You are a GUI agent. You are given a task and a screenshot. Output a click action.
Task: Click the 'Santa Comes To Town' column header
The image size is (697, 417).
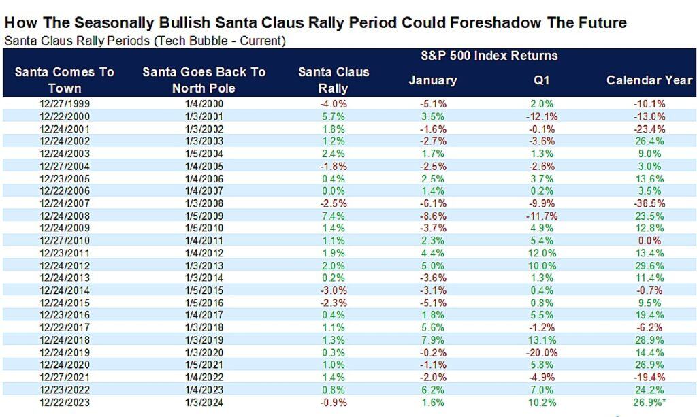click(x=64, y=80)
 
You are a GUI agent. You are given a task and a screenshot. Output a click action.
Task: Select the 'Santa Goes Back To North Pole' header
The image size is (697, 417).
click(x=204, y=80)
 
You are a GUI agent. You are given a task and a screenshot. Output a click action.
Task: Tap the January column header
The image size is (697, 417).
click(x=432, y=80)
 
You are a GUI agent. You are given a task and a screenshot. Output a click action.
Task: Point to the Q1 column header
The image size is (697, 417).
click(x=542, y=80)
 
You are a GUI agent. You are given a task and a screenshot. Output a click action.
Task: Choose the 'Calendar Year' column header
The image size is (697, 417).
click(x=649, y=80)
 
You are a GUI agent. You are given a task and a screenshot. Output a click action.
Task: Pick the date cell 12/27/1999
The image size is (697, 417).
click(x=64, y=104)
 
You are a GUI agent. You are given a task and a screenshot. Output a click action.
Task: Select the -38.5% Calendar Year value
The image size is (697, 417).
click(x=649, y=203)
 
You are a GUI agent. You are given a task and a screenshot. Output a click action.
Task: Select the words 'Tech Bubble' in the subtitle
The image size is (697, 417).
click(x=186, y=40)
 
